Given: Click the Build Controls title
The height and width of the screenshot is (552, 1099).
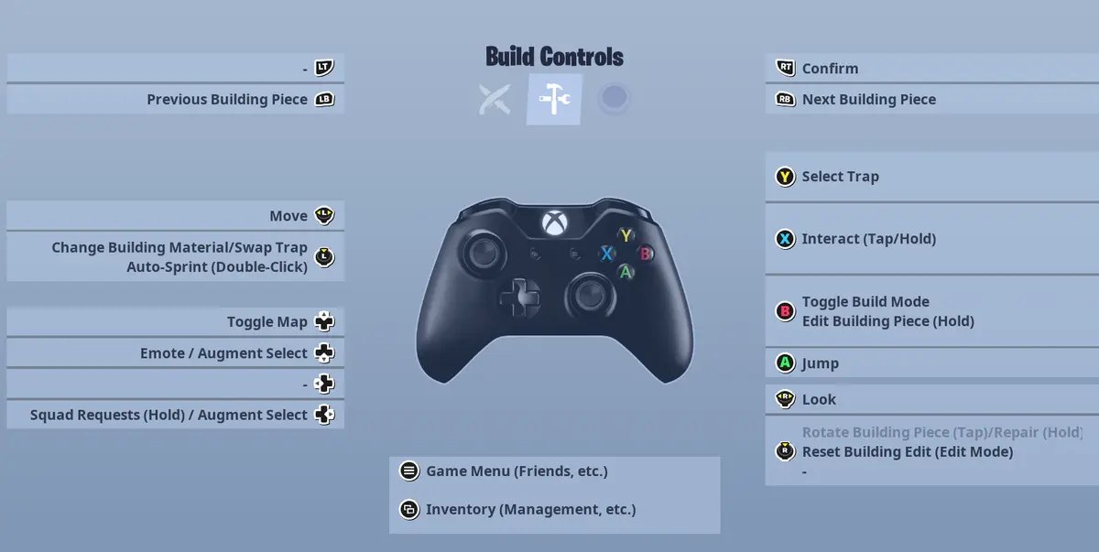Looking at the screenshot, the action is pyautogui.click(x=554, y=57).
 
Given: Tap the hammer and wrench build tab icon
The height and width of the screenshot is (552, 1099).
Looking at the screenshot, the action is pyautogui.click(x=554, y=99).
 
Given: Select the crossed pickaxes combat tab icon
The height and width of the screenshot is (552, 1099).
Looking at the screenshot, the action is pyautogui.click(x=495, y=100).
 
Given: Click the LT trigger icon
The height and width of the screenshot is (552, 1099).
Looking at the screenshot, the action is pyautogui.click(x=324, y=68).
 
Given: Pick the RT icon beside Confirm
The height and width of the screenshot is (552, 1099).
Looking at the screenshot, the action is pyautogui.click(x=785, y=68).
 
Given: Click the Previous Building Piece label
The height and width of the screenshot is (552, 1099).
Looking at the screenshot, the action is pyautogui.click(x=227, y=100).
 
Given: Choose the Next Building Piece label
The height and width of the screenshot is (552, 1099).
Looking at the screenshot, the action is pyautogui.click(x=869, y=100).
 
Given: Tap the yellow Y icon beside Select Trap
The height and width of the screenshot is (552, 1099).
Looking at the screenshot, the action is pyautogui.click(x=785, y=177).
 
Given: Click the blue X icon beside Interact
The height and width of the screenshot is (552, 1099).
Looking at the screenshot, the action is pyautogui.click(x=785, y=239).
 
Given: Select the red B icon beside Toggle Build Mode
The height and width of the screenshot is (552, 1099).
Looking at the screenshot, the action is pyautogui.click(x=785, y=311).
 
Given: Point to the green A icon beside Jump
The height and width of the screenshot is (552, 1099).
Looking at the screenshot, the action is pyautogui.click(x=785, y=363).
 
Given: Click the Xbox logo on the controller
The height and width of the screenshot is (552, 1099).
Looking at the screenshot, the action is pyautogui.click(x=554, y=223).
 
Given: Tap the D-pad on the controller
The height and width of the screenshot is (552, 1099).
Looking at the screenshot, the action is pyautogui.click(x=519, y=298).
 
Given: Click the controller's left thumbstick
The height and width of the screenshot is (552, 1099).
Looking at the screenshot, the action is pyautogui.click(x=484, y=254).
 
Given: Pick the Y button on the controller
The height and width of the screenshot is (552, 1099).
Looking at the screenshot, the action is pyautogui.click(x=626, y=236).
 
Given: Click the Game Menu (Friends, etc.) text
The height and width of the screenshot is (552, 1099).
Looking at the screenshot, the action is pyautogui.click(x=517, y=471).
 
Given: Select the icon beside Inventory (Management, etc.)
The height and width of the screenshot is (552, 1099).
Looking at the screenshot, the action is pyautogui.click(x=409, y=509).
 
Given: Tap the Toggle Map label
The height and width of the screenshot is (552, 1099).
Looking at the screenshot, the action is pyautogui.click(x=267, y=322).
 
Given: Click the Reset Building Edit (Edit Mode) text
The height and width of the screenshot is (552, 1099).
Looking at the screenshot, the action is pyautogui.click(x=908, y=452).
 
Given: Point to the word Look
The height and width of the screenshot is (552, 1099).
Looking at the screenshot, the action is pyautogui.click(x=819, y=399).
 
